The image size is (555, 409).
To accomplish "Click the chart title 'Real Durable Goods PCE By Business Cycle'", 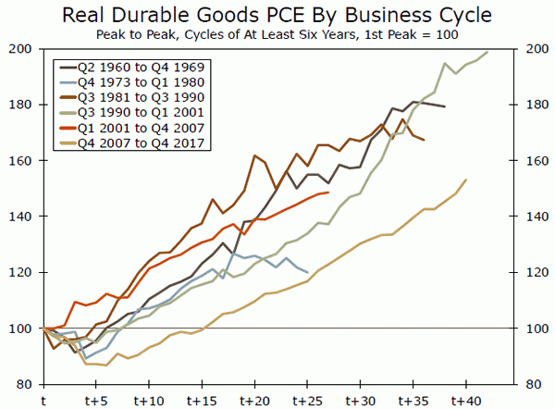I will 277,15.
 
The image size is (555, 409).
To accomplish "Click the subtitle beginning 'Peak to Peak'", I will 277,34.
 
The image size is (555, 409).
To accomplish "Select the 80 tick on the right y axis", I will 534,384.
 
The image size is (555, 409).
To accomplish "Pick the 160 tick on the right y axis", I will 534,161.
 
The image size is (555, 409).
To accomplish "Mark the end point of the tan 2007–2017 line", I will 466,180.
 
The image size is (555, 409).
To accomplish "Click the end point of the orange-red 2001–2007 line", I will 329,192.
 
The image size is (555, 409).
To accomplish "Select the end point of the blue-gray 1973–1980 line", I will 308,273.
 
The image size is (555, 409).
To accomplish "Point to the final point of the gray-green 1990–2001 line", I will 487,52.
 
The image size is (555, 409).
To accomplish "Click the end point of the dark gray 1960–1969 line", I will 445,107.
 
